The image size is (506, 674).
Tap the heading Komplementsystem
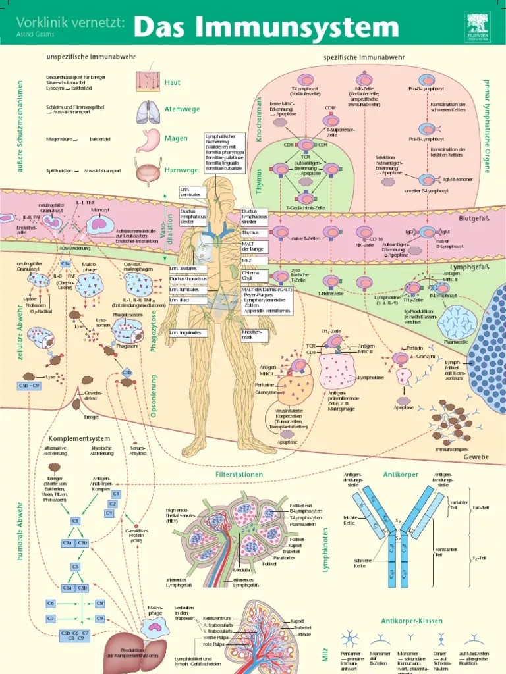tap(79, 438)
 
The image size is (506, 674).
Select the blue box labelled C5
tap(76, 565)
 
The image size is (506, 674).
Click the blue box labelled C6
tap(50, 603)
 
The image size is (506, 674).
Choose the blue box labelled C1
tap(115, 494)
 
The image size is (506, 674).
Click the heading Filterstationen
tap(239, 474)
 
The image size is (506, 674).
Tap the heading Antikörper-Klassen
tap(412, 621)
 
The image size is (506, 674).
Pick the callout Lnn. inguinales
tap(185, 333)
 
